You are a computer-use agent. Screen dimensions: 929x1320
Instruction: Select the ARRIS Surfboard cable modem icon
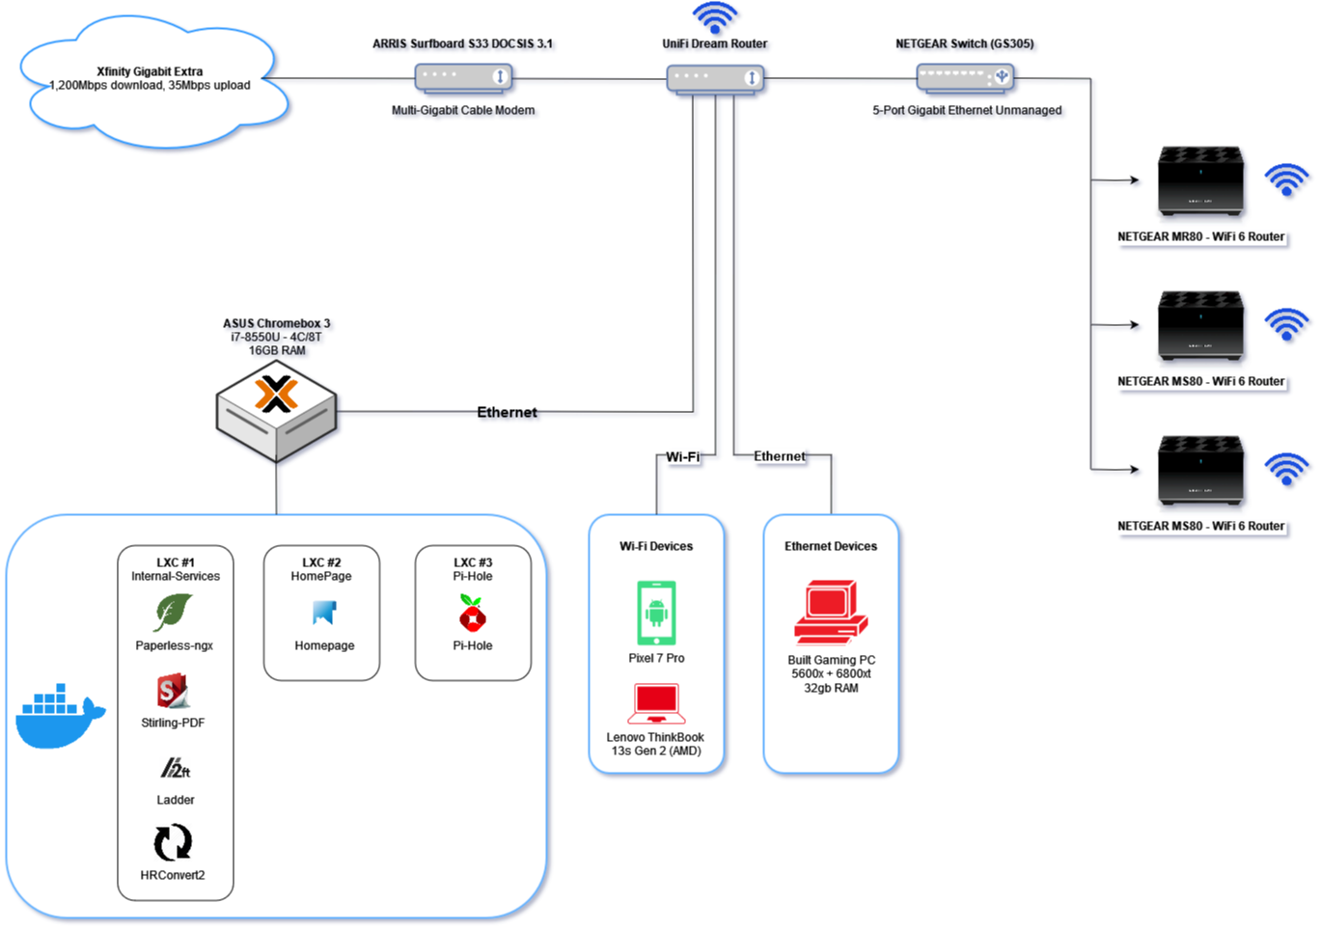(x=463, y=77)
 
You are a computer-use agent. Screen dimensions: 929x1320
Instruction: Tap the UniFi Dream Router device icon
(x=715, y=78)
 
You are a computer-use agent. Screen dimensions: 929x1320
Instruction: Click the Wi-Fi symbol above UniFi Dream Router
(x=715, y=16)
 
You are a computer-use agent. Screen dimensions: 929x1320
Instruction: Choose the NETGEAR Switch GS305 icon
(x=965, y=77)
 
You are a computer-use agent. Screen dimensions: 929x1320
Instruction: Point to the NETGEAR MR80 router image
(x=1200, y=181)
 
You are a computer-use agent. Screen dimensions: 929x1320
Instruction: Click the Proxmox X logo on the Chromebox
(x=276, y=395)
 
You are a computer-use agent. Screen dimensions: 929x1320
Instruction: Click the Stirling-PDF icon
(x=173, y=692)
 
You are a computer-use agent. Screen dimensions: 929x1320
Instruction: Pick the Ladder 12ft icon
(x=175, y=769)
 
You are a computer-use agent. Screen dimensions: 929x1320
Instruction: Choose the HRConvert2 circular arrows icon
(x=173, y=842)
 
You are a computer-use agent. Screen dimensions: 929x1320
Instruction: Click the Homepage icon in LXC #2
(x=324, y=613)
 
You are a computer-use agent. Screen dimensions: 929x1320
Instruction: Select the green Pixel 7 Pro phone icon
(x=656, y=613)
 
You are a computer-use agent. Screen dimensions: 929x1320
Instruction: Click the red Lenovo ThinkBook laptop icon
(x=656, y=704)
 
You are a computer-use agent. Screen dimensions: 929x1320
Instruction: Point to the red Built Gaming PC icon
(x=830, y=612)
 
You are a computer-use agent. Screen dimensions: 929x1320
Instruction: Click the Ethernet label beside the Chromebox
(x=507, y=413)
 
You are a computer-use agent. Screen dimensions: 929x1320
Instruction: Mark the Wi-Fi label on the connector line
(x=682, y=457)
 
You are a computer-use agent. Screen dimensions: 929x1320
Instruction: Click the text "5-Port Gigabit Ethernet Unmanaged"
(x=967, y=111)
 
